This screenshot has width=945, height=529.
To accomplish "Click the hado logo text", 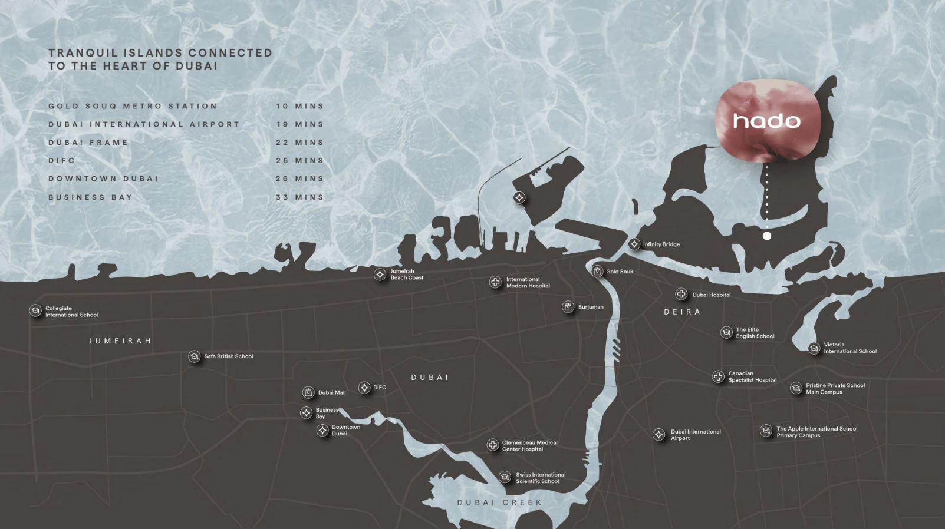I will [766, 121].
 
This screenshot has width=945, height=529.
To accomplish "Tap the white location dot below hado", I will [766, 236].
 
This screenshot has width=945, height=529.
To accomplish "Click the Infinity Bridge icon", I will [634, 244].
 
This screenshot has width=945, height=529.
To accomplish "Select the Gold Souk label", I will [620, 272].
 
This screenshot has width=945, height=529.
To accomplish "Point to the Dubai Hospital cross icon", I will [681, 294].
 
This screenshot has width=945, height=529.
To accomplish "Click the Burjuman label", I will [591, 307].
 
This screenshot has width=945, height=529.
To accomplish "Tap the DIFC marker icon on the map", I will [364, 388].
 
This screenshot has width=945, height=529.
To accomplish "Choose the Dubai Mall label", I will [332, 392].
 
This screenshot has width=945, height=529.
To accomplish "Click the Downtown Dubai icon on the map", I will [322, 431].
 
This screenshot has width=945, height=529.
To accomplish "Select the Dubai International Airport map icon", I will [658, 435].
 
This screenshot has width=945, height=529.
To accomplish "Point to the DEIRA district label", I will [682, 312].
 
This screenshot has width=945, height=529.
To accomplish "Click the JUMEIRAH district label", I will [120, 341].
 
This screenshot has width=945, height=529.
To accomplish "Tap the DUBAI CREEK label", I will [499, 502].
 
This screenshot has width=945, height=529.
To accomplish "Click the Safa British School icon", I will [194, 356].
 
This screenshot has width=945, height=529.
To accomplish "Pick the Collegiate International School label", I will [71, 312].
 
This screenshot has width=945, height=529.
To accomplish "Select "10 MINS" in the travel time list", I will [299, 106].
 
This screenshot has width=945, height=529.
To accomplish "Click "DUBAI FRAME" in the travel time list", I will [88, 143].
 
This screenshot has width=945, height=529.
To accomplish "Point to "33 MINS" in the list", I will [299, 197].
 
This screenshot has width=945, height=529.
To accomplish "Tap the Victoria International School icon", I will [814, 348].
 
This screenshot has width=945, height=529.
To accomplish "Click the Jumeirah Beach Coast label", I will [407, 275].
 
